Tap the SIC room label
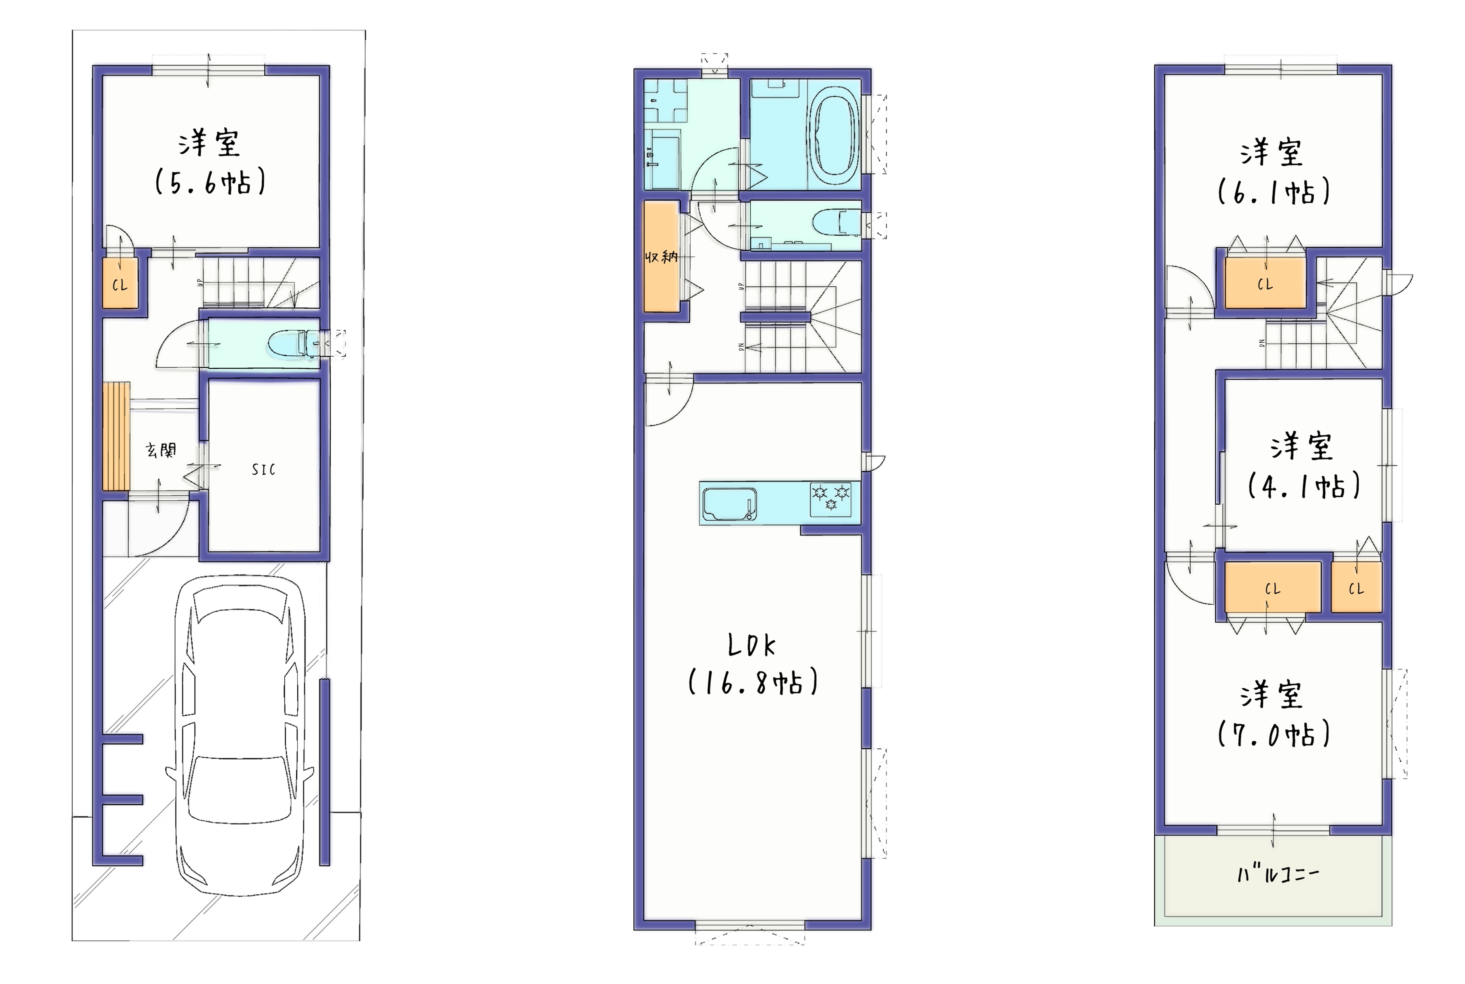point(263,470)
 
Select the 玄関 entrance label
point(161,450)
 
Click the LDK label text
point(752,645)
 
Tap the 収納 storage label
point(661,257)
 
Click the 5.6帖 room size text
point(210,182)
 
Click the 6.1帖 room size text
point(1274,191)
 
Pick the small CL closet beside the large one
point(1356,588)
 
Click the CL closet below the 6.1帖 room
point(1265,284)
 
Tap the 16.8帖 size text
point(753,682)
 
